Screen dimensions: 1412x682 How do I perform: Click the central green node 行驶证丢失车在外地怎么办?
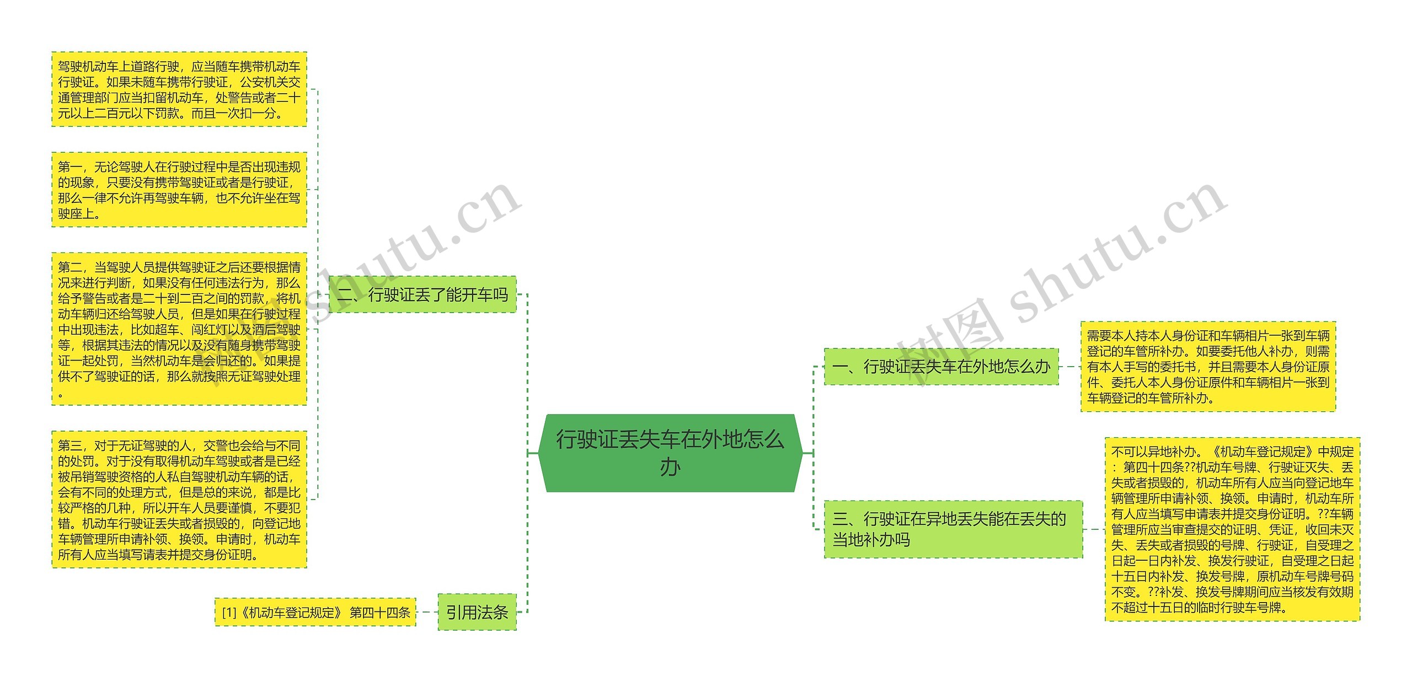click(670, 453)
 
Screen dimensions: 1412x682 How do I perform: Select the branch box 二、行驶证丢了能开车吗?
click(422, 294)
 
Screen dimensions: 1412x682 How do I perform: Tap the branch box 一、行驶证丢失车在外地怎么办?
click(941, 367)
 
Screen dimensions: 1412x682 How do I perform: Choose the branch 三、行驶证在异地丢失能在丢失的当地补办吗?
click(953, 529)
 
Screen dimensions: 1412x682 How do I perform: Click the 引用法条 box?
click(477, 612)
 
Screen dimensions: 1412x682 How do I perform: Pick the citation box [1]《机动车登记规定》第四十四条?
click(315, 612)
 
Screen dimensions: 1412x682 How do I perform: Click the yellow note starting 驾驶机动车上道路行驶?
click(179, 89)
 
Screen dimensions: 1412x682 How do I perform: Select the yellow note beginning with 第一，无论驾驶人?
click(179, 190)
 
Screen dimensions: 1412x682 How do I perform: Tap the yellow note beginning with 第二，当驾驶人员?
click(179, 329)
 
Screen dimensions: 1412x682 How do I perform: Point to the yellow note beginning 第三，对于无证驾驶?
click(179, 500)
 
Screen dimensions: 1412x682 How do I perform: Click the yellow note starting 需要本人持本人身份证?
click(1208, 367)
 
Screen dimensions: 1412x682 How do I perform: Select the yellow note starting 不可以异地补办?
click(1232, 529)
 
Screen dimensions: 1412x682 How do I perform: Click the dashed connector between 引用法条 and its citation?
click(427, 612)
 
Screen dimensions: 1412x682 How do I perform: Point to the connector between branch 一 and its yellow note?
click(1069, 367)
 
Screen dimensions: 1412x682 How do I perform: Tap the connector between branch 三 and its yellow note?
click(1094, 529)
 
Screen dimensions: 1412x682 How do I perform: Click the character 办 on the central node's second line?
click(670, 468)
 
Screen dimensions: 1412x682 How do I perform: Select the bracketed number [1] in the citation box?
click(229, 613)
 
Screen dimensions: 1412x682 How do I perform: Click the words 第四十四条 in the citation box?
click(380, 613)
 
